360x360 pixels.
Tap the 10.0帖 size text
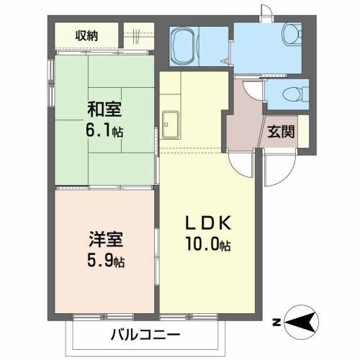(x=208, y=246)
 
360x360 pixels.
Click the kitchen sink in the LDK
(x=172, y=125)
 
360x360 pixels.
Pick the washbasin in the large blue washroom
(x=291, y=33)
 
